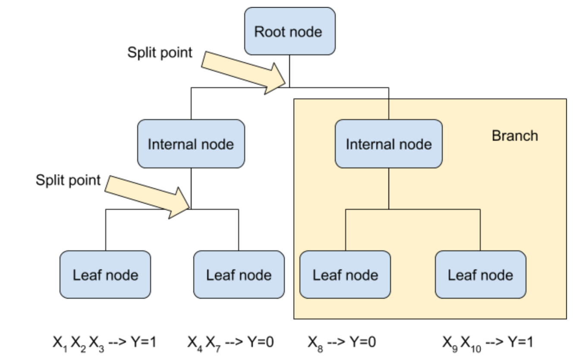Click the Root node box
tap(290, 31)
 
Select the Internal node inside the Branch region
tap(388, 144)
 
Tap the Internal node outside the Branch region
tap(191, 144)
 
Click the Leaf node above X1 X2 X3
tap(105, 275)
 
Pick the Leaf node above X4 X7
tap(239, 275)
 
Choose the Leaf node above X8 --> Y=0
tap(345, 275)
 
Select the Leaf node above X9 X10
tap(480, 275)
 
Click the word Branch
tap(515, 136)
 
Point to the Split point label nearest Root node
tap(160, 53)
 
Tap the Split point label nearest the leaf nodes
tap(68, 180)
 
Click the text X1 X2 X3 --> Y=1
tap(104, 342)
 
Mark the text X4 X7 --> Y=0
tap(230, 342)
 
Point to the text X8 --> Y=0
tap(341, 342)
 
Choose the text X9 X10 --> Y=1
tap(487, 342)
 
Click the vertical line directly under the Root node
tap(289, 69)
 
